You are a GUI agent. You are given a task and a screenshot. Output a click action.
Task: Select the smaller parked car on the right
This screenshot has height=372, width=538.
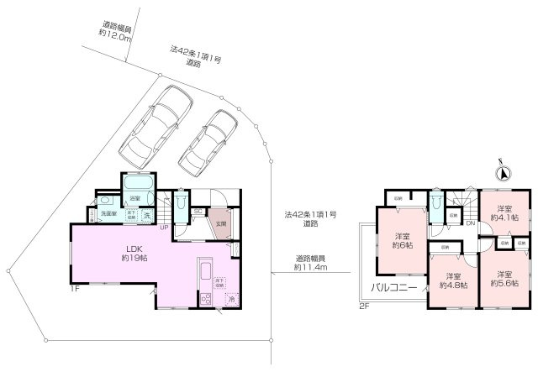[208, 140]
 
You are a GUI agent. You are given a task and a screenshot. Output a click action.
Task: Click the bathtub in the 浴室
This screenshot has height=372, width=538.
[137, 184]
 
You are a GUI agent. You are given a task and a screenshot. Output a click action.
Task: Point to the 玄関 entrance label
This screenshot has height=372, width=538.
[219, 224]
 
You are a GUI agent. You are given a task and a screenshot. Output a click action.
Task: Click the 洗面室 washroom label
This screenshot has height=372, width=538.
[107, 214]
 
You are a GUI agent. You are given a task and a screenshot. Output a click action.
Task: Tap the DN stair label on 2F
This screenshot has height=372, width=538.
[471, 223]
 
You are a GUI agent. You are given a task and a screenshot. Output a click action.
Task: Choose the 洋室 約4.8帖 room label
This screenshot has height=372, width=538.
[454, 280]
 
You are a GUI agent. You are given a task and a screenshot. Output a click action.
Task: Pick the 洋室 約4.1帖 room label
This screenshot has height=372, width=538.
[504, 213]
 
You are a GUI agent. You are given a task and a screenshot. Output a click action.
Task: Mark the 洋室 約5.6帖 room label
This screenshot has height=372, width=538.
[504, 279]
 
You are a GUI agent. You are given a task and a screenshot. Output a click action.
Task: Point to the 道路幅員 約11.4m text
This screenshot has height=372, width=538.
[310, 263]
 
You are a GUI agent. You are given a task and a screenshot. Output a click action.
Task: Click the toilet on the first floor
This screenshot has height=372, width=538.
[183, 204]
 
